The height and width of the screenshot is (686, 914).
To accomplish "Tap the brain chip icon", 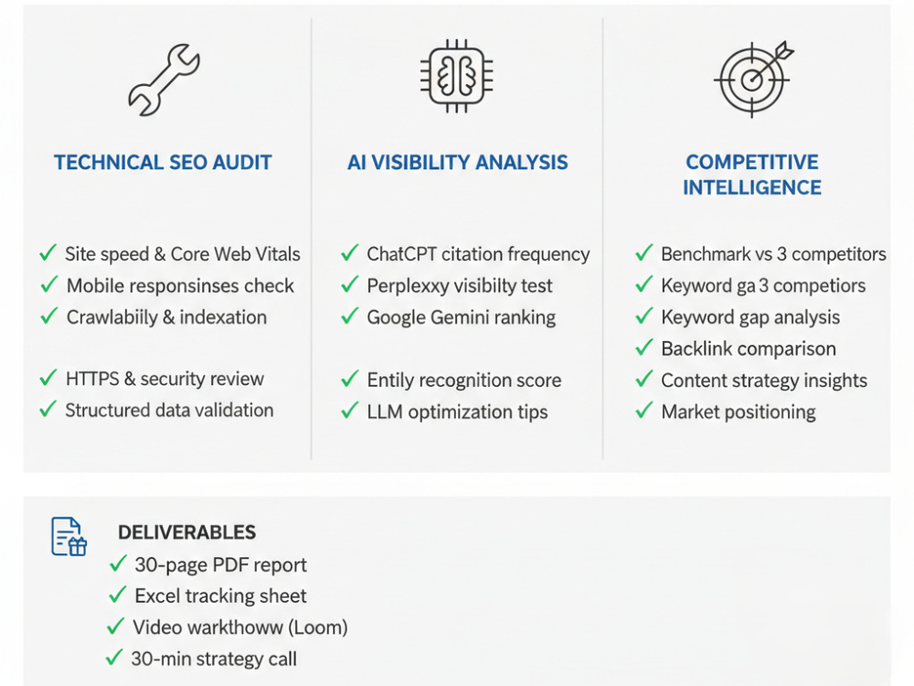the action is pos(457,76).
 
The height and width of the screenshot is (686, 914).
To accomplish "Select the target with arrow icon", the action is pos(754,79).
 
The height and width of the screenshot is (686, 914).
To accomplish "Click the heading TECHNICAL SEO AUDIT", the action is pos(163,162).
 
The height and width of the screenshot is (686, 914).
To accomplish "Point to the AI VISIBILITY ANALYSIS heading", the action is pos(458,162).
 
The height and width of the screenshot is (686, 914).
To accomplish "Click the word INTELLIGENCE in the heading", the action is pos(752,188).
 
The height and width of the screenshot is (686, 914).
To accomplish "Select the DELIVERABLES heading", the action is pos(186,532).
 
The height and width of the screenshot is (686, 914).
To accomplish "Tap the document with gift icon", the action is pos(69,536).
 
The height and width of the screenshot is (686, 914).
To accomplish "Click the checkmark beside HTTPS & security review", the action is pos(48,378).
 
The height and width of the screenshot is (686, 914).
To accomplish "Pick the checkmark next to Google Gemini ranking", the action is pos(350,316).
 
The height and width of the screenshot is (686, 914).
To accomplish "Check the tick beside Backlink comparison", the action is pos(644,348).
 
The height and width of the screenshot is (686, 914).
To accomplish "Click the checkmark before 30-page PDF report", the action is pos(118,564).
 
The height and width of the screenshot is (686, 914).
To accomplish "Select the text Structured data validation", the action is pos(169,410).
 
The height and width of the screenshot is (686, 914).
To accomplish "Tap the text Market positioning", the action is pos(738,412).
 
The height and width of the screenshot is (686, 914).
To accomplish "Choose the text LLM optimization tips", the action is pos(457,412).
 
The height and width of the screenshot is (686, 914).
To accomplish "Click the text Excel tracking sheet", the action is pos(220,595).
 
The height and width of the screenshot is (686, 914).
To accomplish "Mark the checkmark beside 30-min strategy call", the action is pos(114,658).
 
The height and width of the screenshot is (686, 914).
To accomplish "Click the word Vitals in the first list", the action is pos(277,253).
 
